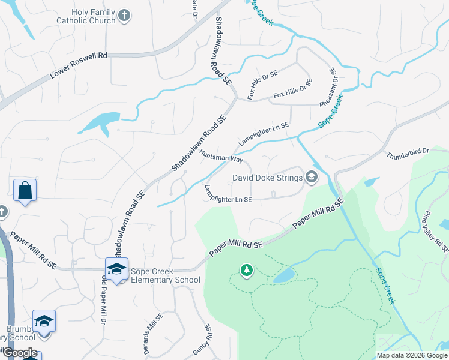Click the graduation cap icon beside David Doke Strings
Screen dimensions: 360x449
coord(311,177)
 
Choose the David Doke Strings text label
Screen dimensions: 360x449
coord(268,178)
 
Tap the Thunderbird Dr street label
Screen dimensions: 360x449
coord(408,152)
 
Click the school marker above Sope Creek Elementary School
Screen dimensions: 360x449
coord(116,268)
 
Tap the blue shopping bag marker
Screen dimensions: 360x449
coord(25,191)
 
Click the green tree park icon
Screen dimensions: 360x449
coord(246,271)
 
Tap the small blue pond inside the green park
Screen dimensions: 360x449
coord(283,275)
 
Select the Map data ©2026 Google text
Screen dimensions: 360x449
coord(412,355)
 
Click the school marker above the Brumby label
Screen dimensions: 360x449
coord(44,321)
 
